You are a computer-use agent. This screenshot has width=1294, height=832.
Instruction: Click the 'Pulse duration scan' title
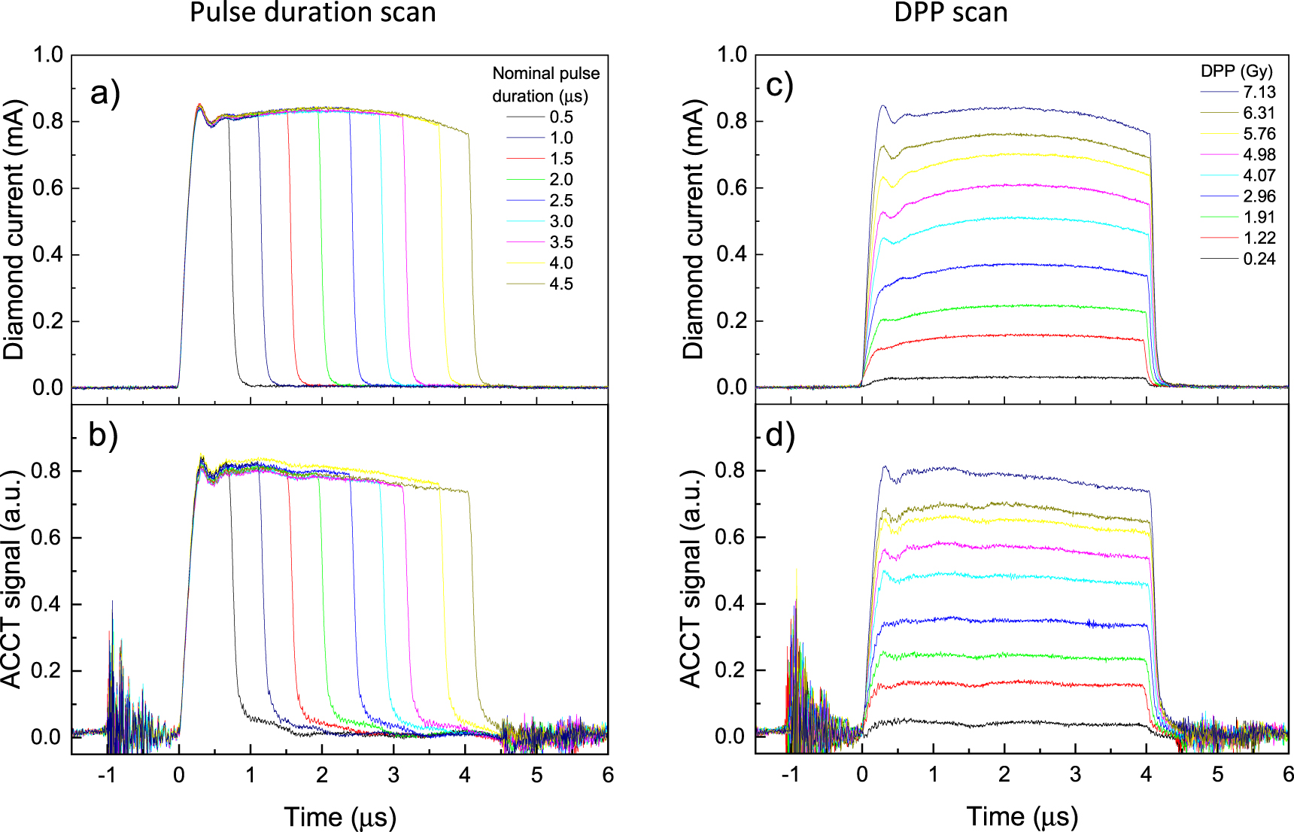[312, 13]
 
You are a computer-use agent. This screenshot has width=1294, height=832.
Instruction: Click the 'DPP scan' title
[950, 13]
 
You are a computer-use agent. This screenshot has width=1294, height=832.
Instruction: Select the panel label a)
[105, 94]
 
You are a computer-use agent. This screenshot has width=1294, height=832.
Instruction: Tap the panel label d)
[779, 436]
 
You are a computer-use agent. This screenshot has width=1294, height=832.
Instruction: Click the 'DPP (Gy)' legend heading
[1236, 71]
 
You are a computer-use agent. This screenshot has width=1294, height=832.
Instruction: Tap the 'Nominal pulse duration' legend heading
[545, 84]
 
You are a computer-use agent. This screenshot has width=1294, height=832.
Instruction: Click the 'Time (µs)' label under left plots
[340, 817]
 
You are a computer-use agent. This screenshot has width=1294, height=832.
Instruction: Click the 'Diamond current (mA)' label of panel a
[14, 229]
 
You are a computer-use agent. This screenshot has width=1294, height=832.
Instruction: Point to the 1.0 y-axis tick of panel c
[731, 55]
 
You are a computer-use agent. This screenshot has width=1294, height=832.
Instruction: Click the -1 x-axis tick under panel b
[107, 775]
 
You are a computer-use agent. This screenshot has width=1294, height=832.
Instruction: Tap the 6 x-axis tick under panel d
[1287, 775]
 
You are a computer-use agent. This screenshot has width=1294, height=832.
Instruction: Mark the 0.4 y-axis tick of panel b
[47, 604]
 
